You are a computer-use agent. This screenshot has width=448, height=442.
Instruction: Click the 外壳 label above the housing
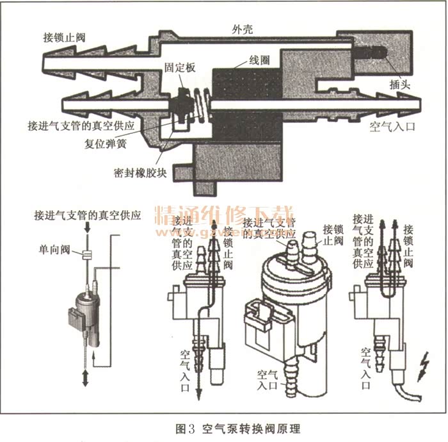click(244, 29)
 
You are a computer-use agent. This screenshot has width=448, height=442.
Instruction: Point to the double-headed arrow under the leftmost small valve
click(84, 377)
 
